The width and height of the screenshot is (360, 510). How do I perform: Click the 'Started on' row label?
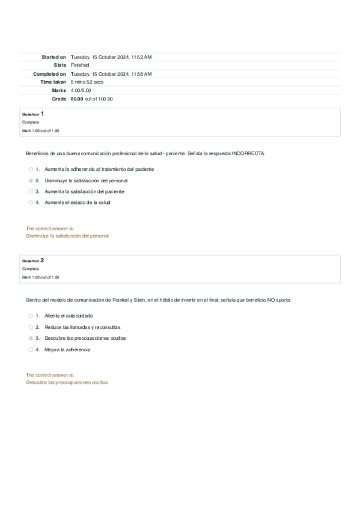[53, 57]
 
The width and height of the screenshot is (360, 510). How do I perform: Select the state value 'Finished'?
[80, 65]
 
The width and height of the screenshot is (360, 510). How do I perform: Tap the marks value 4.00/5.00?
[81, 90]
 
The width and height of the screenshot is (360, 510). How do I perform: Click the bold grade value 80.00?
[77, 99]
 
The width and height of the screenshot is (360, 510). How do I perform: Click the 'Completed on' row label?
[50, 73]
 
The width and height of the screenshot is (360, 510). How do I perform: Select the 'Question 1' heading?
[33, 114]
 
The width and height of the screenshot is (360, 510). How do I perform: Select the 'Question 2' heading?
[33, 260]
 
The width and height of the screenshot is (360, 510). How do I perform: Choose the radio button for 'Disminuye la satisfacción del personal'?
[31, 180]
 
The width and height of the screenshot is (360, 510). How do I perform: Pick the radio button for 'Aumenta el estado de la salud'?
[31, 203]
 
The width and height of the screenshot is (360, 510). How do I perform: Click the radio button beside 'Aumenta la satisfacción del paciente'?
[31, 191]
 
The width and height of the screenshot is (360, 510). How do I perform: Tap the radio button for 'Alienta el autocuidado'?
[31, 316]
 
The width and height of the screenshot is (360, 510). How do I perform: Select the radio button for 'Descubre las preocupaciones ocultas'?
[31, 339]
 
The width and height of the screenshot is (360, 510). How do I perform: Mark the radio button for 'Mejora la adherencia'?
[31, 349]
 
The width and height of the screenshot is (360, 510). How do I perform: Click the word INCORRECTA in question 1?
[248, 154]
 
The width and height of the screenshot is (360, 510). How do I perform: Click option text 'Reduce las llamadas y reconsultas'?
[82, 327]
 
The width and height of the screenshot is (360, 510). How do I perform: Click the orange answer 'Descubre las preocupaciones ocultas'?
[67, 382]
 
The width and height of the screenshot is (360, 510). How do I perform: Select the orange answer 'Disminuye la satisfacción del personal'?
[67, 236]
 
